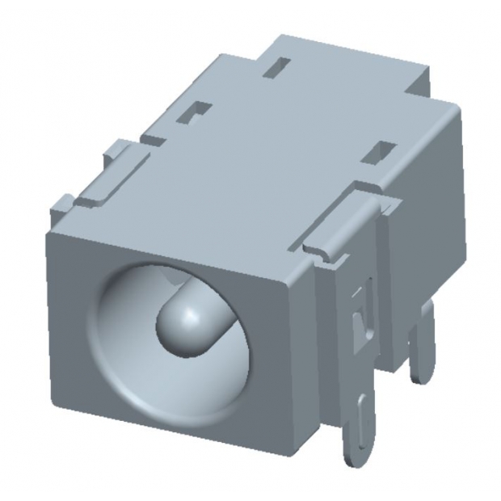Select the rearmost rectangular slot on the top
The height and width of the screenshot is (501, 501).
click(280, 64)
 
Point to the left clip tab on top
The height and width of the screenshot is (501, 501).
click(121, 166)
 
